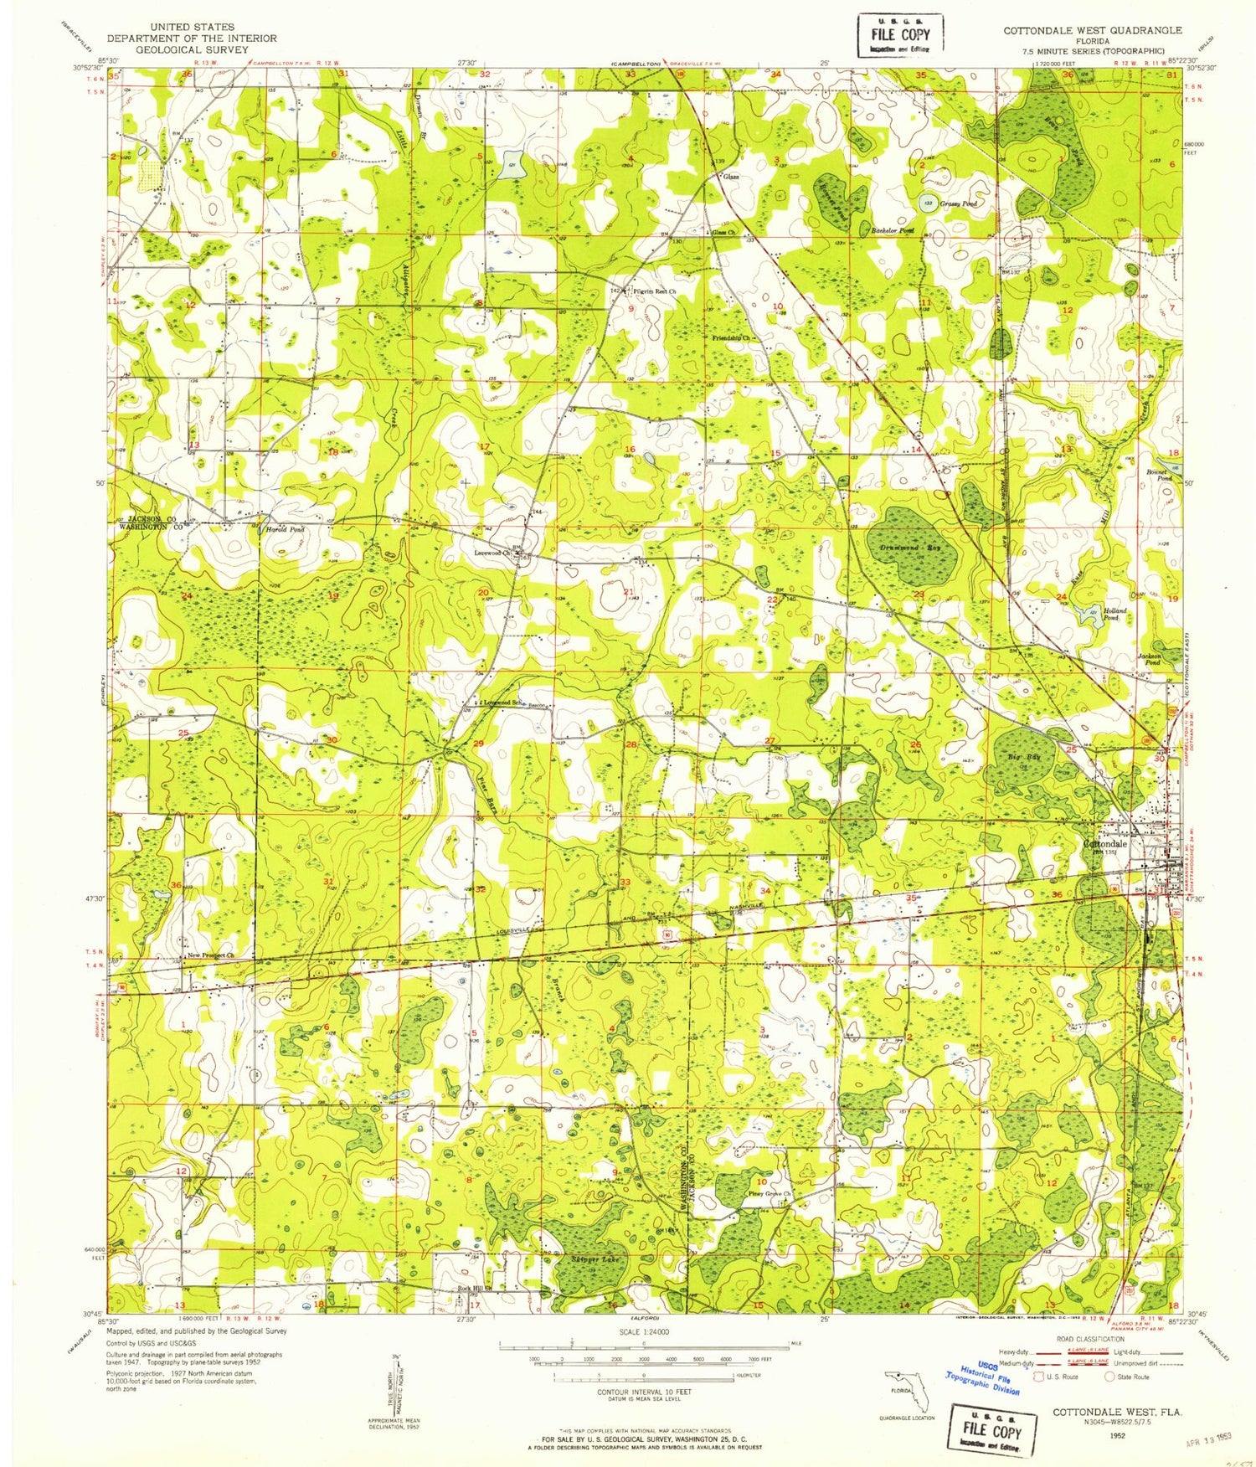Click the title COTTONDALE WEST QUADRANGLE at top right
coord(1093,30)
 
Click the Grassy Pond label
coord(958,203)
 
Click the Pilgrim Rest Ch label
coord(656,291)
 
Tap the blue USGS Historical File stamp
coord(984,1377)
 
